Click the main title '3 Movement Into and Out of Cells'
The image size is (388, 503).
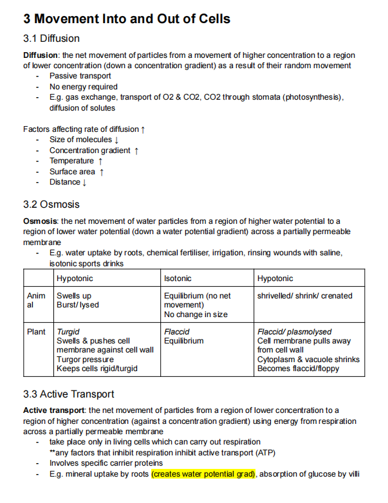(126, 19)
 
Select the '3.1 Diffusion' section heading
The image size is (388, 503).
(51, 39)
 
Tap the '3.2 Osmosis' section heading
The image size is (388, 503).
(51, 205)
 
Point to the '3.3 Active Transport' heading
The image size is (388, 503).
(69, 394)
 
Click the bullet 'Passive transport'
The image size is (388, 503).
(80, 76)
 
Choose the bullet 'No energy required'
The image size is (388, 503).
(84, 87)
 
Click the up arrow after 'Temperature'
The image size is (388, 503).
(100, 161)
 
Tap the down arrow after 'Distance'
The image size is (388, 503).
(84, 183)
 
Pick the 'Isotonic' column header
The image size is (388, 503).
(178, 279)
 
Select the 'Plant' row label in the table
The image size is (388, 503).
(36, 332)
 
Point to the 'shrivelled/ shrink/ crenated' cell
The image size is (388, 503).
(304, 296)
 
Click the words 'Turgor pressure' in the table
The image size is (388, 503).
(85, 360)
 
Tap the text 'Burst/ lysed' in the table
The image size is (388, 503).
(78, 305)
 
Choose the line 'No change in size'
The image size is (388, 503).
(196, 315)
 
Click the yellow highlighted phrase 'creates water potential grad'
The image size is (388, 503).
(204, 474)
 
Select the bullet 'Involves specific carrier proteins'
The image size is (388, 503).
(106, 463)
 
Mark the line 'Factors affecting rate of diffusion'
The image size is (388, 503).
(84, 129)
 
